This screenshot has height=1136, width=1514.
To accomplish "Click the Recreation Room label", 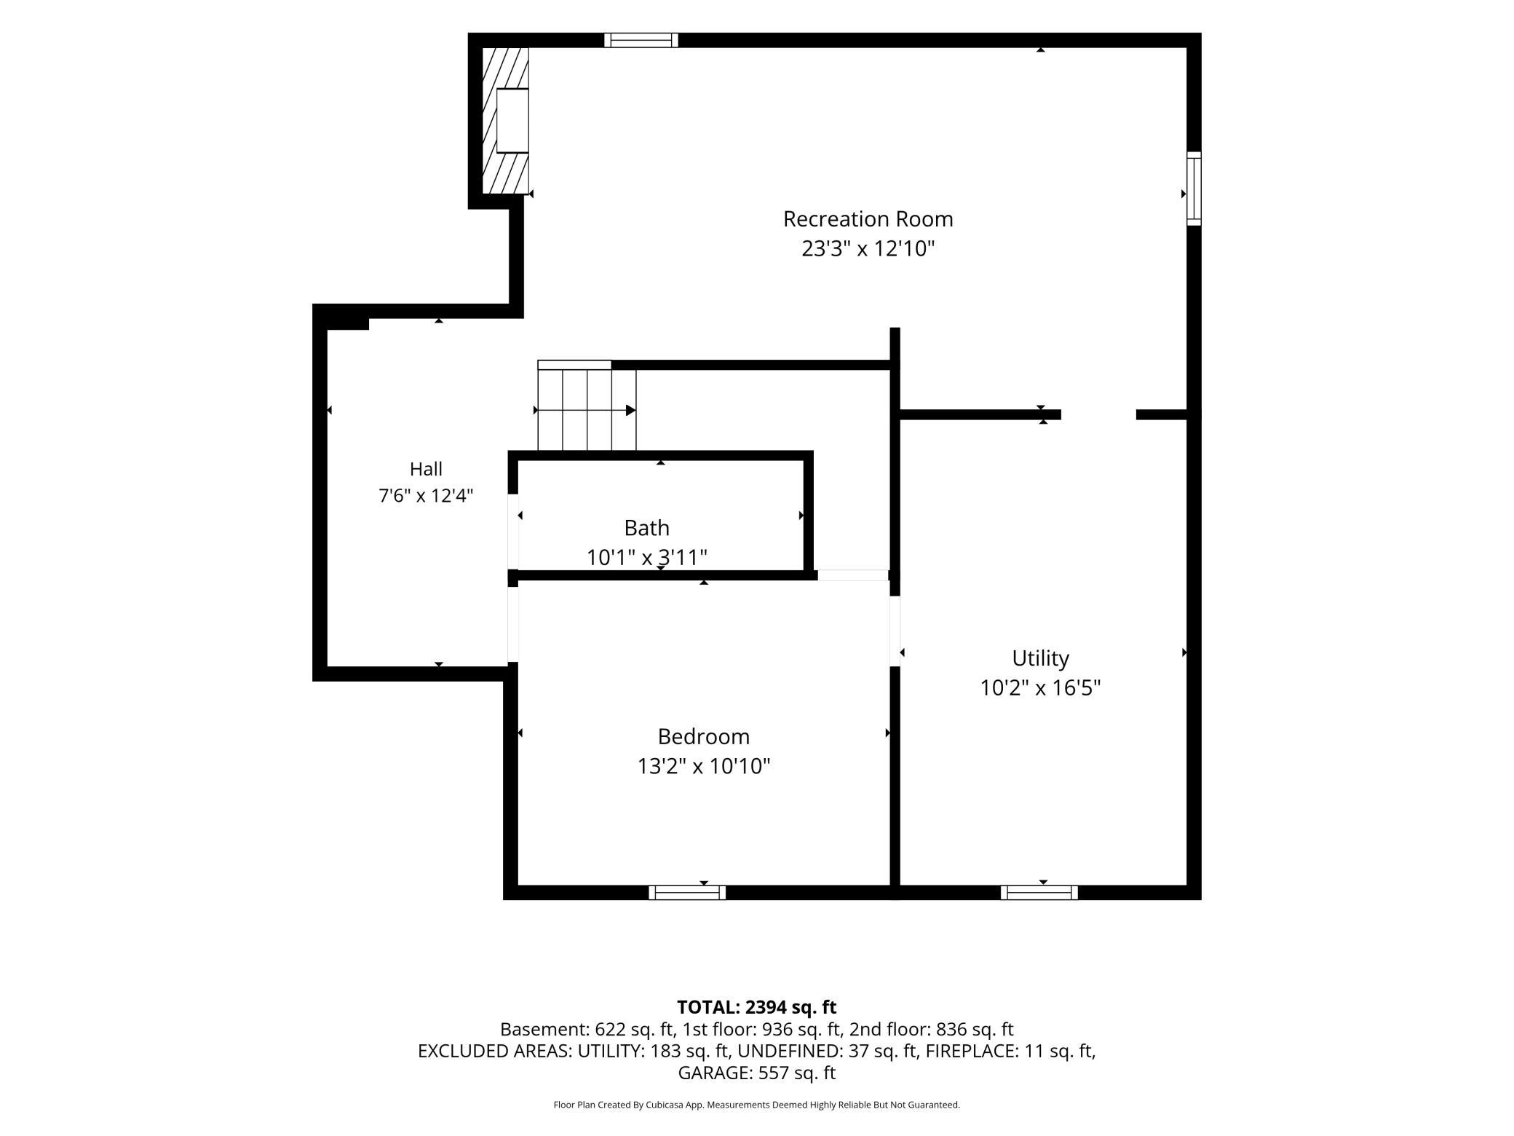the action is click(868, 218).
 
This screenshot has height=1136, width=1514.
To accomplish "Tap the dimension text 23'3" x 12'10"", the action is click(868, 248).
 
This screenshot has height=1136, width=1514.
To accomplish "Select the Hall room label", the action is click(426, 468).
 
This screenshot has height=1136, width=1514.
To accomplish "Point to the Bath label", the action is click(646, 527).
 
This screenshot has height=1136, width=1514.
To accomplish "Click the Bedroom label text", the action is click(703, 736).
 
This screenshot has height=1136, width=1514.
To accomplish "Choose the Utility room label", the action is click(1040, 658).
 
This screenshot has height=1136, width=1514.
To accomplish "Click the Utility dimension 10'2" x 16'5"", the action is click(1040, 687).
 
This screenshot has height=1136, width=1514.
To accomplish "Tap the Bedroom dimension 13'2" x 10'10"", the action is click(703, 766).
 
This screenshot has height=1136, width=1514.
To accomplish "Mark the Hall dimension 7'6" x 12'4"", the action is click(426, 496).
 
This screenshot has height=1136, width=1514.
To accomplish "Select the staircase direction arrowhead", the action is click(631, 410).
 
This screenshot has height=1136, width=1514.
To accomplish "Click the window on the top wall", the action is click(641, 40).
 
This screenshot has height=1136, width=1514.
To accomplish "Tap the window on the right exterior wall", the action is click(1194, 188).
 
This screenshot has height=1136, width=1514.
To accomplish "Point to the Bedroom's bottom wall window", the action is click(687, 893).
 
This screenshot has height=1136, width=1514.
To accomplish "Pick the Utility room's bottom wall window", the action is click(1039, 893).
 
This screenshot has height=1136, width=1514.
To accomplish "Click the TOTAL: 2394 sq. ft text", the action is click(756, 1007).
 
